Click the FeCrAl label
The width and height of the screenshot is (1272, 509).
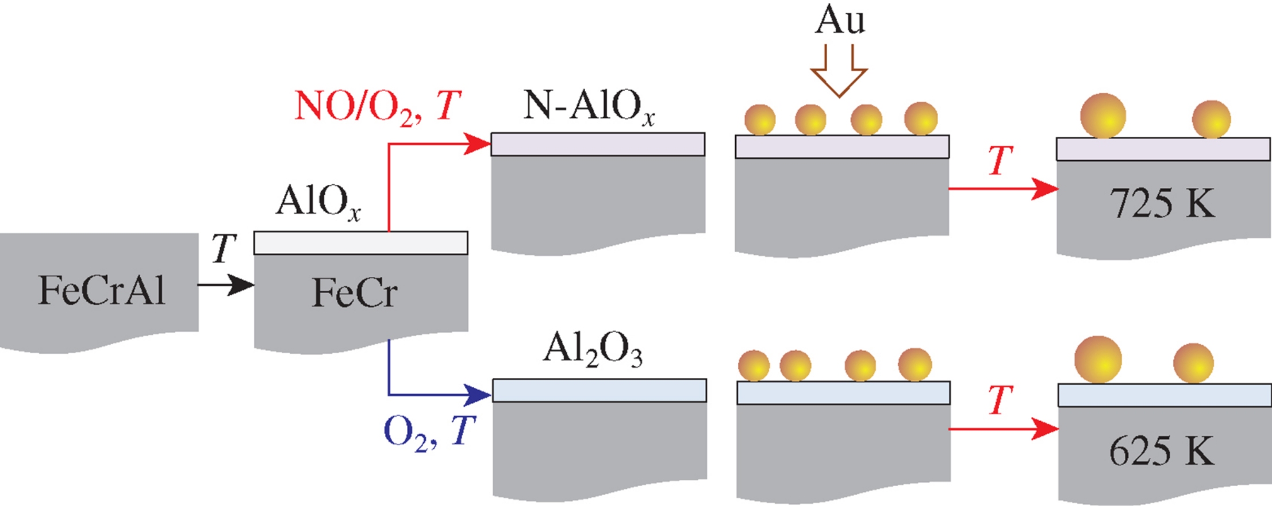[102, 290]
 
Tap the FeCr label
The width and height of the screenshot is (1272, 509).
[355, 292]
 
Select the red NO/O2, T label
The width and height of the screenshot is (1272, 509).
[377, 107]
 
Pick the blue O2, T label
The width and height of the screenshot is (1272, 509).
[429, 432]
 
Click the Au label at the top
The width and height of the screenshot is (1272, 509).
[840, 21]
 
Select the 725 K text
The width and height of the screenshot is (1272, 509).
[1162, 203]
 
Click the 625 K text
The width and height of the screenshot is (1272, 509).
[1162, 451]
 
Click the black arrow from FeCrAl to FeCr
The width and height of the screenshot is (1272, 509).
[225, 284]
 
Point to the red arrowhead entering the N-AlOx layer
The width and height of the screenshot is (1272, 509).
[477, 144]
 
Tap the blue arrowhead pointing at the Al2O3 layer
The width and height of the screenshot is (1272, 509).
[478, 395]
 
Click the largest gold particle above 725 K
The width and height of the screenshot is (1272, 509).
[1102, 116]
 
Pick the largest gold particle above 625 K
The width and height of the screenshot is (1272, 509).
[1098, 360]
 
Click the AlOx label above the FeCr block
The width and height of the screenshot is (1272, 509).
[318, 202]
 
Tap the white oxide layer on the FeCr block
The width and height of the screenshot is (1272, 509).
[360, 243]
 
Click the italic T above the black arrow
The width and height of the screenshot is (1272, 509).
[223, 248]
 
